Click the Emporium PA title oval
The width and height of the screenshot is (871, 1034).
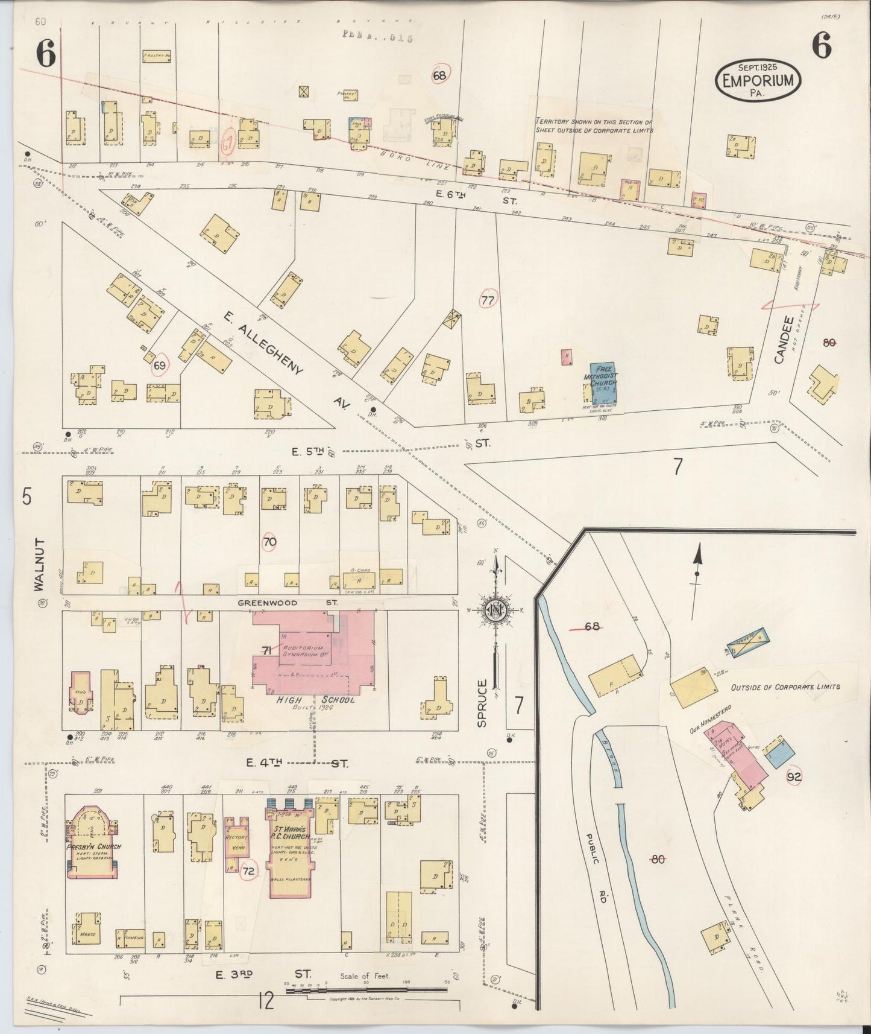(758, 81)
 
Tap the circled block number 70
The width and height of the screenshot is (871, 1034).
(269, 542)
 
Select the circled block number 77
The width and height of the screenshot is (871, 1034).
(488, 300)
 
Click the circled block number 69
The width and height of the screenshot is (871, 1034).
(160, 366)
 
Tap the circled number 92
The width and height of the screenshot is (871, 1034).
(794, 778)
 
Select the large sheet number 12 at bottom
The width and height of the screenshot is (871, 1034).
(265, 1001)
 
